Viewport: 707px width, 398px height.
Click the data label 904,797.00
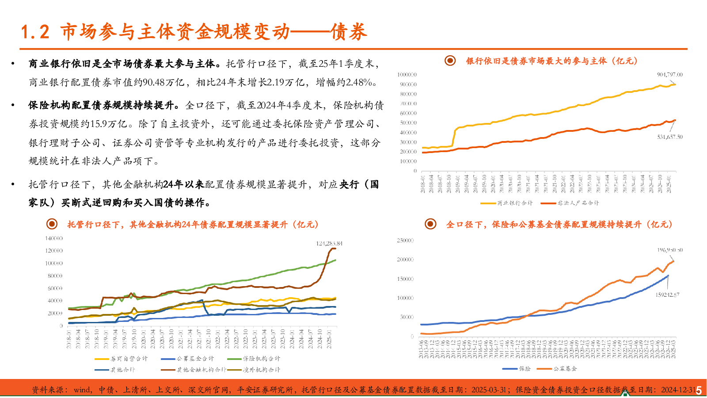[x=669, y=75]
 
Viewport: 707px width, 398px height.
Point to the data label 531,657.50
[x=669, y=137]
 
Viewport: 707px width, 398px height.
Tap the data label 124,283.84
[x=329, y=244]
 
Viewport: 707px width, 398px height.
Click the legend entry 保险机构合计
[x=261, y=359]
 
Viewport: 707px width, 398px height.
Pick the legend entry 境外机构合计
[x=261, y=370]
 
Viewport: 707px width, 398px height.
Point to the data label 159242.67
[x=667, y=295]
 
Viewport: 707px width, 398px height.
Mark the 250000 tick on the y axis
[x=405, y=241]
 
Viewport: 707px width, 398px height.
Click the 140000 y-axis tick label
[x=54, y=238]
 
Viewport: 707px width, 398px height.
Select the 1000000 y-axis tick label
[x=407, y=75]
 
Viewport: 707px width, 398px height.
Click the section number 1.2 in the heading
[x=35, y=32]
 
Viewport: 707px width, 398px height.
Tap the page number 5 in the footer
[x=699, y=390]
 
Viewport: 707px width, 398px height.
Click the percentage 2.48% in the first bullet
[x=361, y=83]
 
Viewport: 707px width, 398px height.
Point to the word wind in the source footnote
[x=82, y=390]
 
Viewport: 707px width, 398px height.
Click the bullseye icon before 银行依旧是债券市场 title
[x=450, y=61]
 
